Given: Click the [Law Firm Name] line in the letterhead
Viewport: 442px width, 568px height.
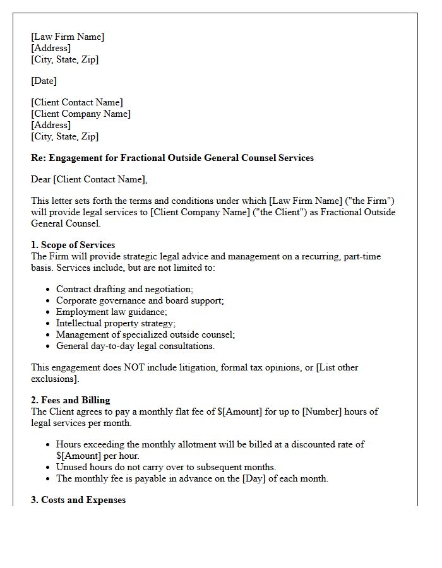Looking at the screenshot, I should coord(68,37).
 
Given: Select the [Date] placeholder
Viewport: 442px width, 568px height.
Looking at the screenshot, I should coord(44,81).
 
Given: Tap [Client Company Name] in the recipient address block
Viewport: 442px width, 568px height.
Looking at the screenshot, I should coord(81,114).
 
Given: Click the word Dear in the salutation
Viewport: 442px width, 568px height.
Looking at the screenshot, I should coord(41,179).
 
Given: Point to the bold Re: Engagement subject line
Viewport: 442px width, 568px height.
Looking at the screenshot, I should coord(172,158).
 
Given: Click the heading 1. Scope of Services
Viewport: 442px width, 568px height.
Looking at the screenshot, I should coord(73,245).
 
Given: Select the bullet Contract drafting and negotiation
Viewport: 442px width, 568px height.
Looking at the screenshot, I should coord(124,289).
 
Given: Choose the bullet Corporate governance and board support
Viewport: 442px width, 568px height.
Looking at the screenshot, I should coord(140,300).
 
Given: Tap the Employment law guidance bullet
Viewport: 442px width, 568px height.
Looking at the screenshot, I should coord(111,312).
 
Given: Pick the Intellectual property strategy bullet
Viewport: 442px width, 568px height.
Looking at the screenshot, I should coord(116,323).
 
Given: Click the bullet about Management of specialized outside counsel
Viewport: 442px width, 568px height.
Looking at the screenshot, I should coord(145,334).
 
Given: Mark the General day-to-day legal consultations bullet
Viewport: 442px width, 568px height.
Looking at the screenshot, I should coord(135,346).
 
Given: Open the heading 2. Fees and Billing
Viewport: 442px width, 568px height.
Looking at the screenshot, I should coord(70,400).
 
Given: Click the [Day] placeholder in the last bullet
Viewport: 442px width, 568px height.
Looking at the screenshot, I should coord(265,478).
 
